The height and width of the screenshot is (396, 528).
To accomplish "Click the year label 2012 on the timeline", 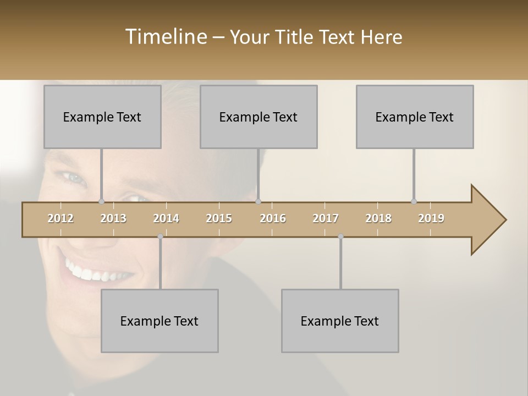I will (61, 218).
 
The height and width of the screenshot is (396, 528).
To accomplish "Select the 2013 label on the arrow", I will (113, 218).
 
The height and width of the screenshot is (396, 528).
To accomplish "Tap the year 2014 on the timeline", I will (166, 218).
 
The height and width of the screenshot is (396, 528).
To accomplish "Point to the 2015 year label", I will (219, 218).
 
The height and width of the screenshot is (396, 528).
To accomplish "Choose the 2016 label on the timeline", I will (273, 218).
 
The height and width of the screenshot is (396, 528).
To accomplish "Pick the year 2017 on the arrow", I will (326, 218).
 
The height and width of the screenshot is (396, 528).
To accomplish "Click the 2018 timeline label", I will (378, 218).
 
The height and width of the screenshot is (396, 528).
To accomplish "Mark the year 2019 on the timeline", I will (431, 218).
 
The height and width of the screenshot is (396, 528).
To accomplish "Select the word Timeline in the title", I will (166, 37).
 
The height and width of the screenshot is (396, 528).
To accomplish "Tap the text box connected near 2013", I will (102, 117).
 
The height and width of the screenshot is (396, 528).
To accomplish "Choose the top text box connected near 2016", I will (258, 117).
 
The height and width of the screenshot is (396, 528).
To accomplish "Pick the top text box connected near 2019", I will (415, 117).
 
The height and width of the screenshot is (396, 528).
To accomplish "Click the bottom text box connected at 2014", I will (159, 321).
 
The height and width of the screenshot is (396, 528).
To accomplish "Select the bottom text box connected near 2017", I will (340, 321).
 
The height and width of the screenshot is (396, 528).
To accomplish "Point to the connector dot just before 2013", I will (101, 201).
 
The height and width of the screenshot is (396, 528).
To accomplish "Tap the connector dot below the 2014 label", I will (160, 237).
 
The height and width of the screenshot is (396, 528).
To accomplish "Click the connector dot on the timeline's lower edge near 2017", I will (340, 237).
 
